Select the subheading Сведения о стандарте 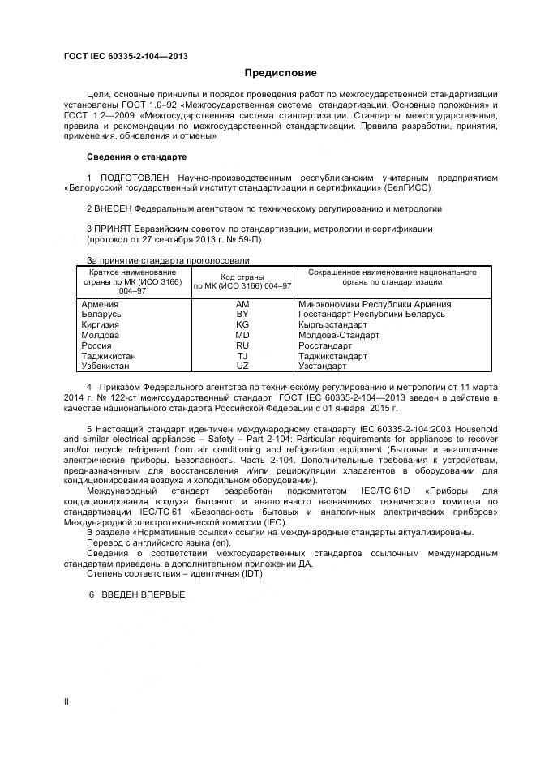coord(136,156)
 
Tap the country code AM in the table coord(242,303)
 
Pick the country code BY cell coord(242,314)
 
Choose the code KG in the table coord(242,324)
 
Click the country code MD coord(242,335)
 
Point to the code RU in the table coord(242,345)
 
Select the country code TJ coord(242,356)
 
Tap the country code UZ coord(242,367)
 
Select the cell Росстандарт coord(328,345)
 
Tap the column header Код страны coord(242,277)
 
